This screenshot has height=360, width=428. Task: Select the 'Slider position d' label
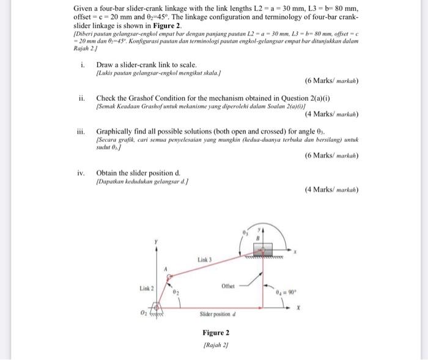[x=217, y=314]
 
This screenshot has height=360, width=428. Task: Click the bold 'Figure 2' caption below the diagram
[x=216, y=332]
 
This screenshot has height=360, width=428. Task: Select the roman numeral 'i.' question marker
[x=82, y=65]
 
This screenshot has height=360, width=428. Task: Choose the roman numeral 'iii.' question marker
[x=81, y=130]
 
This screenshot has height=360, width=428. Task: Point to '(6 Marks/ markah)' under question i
[x=331, y=81]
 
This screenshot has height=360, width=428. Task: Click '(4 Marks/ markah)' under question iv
[x=331, y=189]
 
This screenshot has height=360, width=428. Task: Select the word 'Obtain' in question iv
[x=108, y=173]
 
